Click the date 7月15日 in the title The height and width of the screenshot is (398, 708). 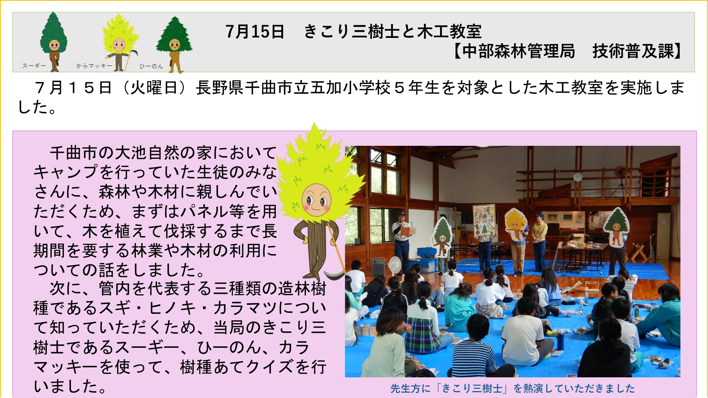tap(255, 31)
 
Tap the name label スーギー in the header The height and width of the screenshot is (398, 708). tap(34, 66)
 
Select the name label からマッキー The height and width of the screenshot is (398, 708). tap(94, 66)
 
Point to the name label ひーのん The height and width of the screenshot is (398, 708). tap(151, 66)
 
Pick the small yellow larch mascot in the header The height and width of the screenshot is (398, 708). tap(120, 42)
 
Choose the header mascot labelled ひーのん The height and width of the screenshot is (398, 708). tap(174, 44)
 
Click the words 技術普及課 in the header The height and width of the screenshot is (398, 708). tap(633, 51)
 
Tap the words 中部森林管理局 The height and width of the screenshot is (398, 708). tap(518, 51)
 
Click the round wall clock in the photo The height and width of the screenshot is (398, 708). tap(578, 177)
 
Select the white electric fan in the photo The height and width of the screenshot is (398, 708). tap(396, 265)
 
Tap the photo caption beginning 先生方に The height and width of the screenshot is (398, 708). tap(512, 388)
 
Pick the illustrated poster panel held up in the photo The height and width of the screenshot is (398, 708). tap(484, 221)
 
